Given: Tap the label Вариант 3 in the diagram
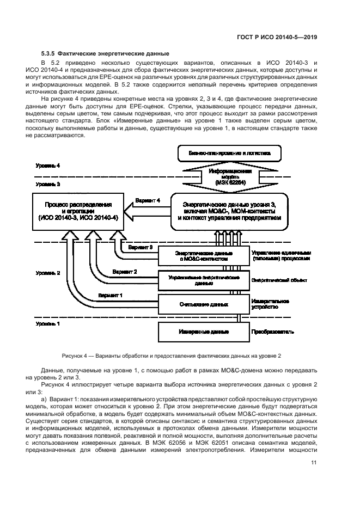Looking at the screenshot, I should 140,247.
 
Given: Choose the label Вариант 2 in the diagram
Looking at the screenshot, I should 125,271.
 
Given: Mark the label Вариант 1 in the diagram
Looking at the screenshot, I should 110,295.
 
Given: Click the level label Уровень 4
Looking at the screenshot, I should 48,165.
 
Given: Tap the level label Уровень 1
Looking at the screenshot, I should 48,323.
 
